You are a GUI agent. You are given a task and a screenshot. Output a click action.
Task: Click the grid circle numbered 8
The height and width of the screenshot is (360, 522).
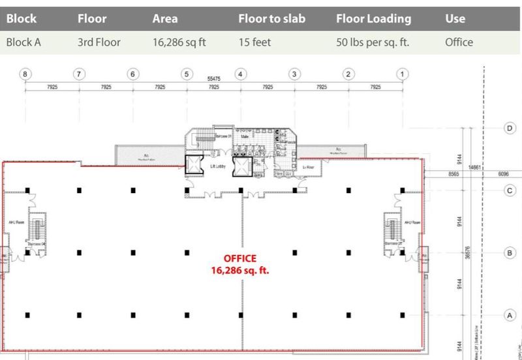[25, 74]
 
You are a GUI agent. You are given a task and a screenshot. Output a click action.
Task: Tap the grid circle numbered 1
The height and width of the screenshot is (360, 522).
[403, 74]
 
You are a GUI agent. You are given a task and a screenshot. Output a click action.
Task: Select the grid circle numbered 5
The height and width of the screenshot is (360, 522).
[187, 74]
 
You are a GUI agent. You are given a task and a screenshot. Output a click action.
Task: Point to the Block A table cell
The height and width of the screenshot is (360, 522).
[24, 43]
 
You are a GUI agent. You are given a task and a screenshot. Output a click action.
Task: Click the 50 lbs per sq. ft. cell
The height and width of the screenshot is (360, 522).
[375, 43]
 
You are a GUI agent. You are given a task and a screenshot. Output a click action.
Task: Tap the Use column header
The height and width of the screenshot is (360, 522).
[455, 19]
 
